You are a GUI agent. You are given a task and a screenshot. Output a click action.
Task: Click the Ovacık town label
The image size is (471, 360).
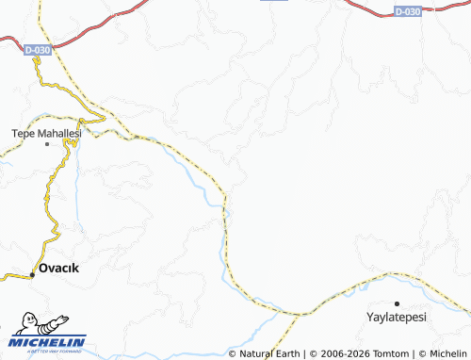[x=58, y=268]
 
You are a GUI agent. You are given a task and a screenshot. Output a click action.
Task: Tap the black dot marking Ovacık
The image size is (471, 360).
[x=32, y=274]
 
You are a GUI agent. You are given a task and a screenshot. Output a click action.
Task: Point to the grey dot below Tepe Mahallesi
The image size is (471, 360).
[x=47, y=145]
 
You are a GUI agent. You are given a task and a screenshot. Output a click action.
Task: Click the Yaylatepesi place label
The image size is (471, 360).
[x=398, y=317]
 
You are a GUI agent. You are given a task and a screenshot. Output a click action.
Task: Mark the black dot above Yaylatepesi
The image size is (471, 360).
[x=398, y=303]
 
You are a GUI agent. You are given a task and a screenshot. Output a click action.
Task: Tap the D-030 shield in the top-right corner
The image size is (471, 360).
[x=407, y=11]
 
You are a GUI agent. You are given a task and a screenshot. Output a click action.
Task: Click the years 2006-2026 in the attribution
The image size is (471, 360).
[x=342, y=353]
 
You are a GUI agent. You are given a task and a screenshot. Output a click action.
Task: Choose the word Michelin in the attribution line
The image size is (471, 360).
[x=447, y=353]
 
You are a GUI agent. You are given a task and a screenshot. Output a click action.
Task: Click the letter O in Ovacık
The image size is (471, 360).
[x=43, y=268]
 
